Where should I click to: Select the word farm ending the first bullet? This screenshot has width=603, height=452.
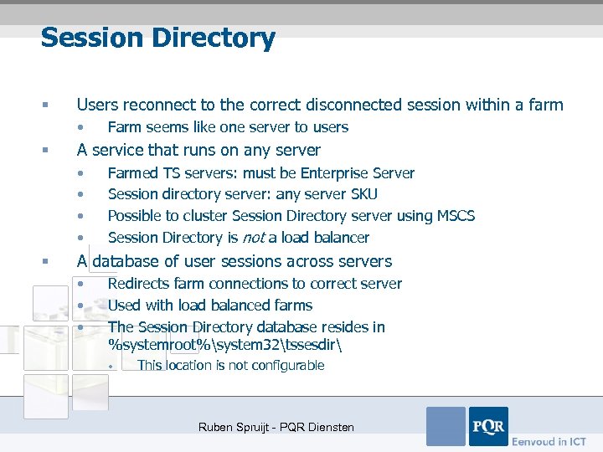(x=547, y=105)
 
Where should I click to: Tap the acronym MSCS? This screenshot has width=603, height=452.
(x=455, y=216)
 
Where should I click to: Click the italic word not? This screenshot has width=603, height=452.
(x=255, y=238)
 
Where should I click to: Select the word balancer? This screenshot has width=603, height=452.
(x=336, y=238)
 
